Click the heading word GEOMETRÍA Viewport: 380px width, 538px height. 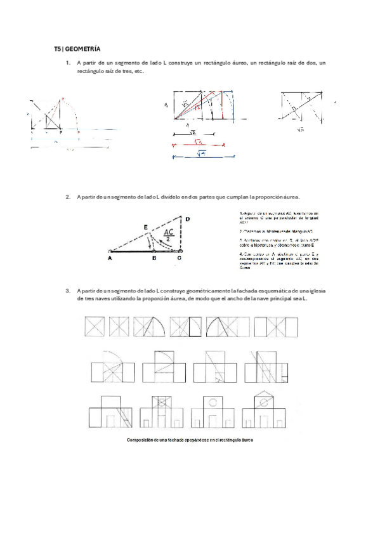coord(83,49)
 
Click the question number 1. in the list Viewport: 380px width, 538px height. coord(68,63)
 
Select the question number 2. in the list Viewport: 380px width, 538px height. coord(68,197)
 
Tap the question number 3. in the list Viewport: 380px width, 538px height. coord(68,290)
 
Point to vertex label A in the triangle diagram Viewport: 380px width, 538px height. coord(110,259)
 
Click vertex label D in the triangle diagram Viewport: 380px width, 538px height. coord(187,219)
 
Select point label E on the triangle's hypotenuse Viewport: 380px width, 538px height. coord(145,226)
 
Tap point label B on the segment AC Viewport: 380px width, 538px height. coord(154,259)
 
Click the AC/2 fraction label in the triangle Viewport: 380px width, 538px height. coord(169,235)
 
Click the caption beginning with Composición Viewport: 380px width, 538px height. coord(190,440)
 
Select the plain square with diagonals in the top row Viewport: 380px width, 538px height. coord(95,327)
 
